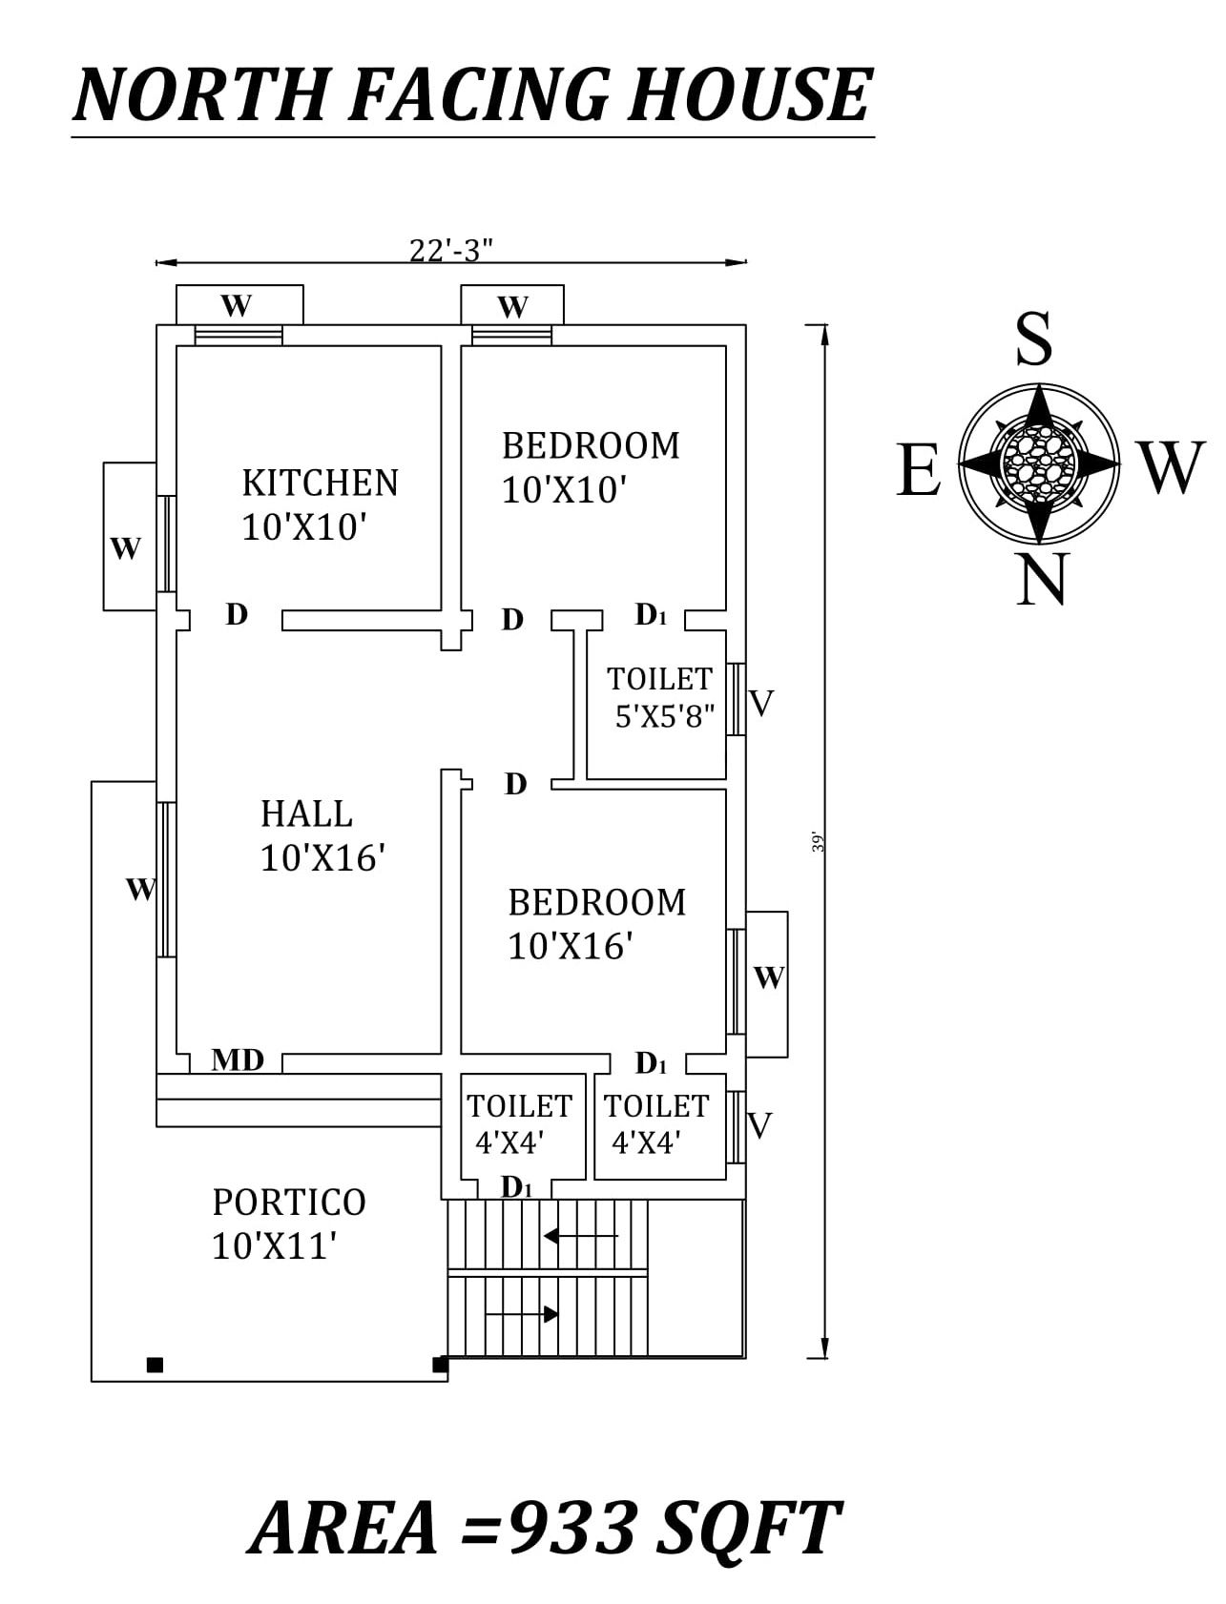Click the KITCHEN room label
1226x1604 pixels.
pos(320,483)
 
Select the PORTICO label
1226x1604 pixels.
pos(289,1203)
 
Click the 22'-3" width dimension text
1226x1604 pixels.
pos(451,250)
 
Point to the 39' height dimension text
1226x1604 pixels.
pos(818,842)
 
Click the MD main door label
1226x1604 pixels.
pos(238,1059)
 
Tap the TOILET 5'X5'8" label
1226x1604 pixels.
pos(660,697)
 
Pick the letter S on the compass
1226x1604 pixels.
pos(1034,339)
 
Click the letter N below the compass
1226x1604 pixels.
pos(1040,580)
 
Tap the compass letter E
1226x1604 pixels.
pos(918,470)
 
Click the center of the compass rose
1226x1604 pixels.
pos(1039,463)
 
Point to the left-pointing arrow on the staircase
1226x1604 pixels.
pos(579,1236)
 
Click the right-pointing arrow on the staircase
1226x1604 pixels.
pos(522,1314)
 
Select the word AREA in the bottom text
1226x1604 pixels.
pos(346,1528)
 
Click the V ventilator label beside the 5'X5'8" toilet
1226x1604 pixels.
pos(761,704)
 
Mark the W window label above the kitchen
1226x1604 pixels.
pos(237,306)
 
